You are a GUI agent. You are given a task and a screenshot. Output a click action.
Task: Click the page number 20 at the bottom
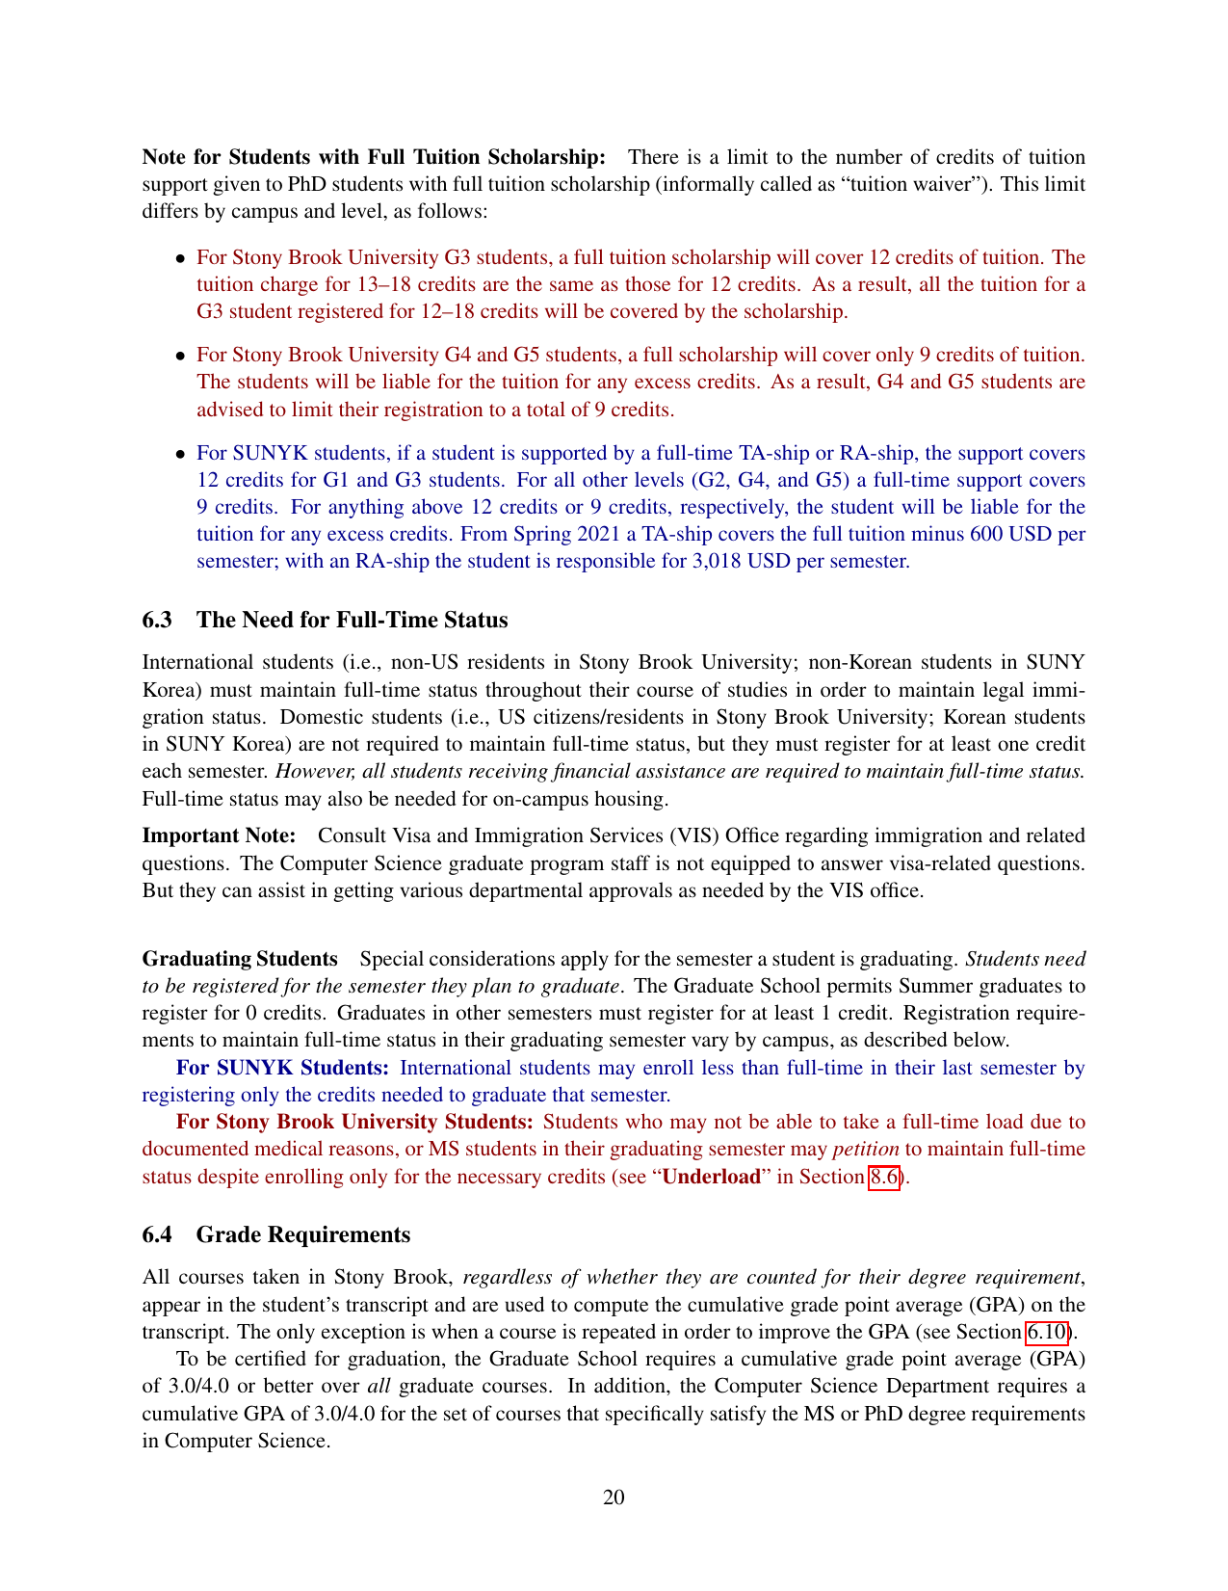[614, 1497]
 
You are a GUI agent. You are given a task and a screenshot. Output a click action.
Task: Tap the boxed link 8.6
[884, 1177]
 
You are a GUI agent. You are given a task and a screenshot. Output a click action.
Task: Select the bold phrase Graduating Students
[240, 959]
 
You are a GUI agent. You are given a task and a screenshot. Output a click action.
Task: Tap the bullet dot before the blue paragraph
[180, 454]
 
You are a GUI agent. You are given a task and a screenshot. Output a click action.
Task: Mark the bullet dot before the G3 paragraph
[180, 258]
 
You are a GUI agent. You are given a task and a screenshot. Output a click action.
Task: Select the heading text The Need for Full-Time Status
[352, 620]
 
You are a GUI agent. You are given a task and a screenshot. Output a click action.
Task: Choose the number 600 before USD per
[986, 534]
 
